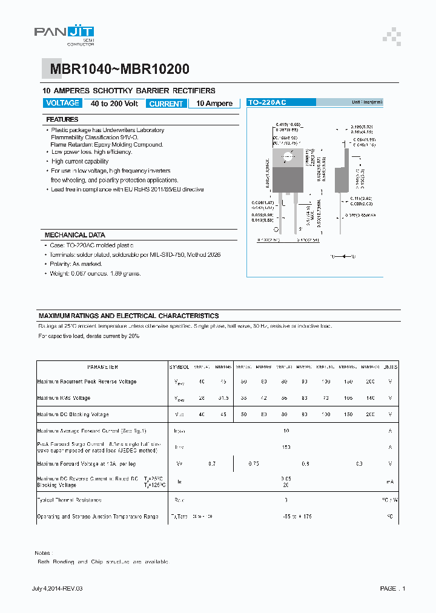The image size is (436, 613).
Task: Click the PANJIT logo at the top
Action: coord(64,35)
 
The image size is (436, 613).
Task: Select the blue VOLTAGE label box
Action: coord(62,104)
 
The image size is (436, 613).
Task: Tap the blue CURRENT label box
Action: coord(166,104)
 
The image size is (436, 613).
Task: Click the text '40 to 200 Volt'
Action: coord(114,104)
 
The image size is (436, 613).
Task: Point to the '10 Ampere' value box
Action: coord(214,104)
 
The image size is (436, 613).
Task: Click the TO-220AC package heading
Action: coord(267,103)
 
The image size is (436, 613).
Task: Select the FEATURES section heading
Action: coord(62,120)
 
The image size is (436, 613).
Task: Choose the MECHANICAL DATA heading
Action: coord(75,235)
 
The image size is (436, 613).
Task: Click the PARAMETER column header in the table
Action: coord(102,367)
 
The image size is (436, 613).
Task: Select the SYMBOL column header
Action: coord(179,367)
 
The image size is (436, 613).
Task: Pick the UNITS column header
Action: coord(391,367)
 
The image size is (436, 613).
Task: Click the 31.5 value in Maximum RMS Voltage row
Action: coord(223,398)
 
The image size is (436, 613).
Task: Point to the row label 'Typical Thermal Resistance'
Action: coord(69,500)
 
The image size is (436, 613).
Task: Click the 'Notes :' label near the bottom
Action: coord(42,553)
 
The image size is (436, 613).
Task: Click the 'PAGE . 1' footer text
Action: coord(392,589)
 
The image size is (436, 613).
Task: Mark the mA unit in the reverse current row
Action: coord(391,482)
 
